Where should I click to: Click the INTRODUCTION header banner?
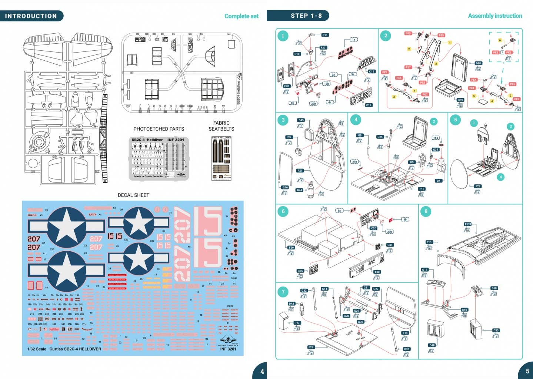[31, 16]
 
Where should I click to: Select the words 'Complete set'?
[241, 16]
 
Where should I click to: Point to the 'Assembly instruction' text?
[495, 16]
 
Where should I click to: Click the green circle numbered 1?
[283, 36]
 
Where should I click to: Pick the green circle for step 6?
[283, 211]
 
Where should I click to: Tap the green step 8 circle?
[426, 211]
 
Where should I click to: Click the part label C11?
[325, 35]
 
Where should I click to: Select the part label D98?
[478, 63]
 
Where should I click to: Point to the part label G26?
[285, 187]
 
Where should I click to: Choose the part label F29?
[291, 248]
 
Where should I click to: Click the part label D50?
[496, 330]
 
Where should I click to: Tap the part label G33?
[406, 349]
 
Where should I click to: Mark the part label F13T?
[468, 224]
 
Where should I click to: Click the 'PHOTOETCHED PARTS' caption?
[159, 129]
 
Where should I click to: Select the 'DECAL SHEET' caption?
[133, 195]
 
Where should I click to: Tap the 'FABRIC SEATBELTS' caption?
[221, 126]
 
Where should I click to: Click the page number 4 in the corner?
[262, 371]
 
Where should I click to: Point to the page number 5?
[527, 371]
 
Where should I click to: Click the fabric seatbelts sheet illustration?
[221, 158]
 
